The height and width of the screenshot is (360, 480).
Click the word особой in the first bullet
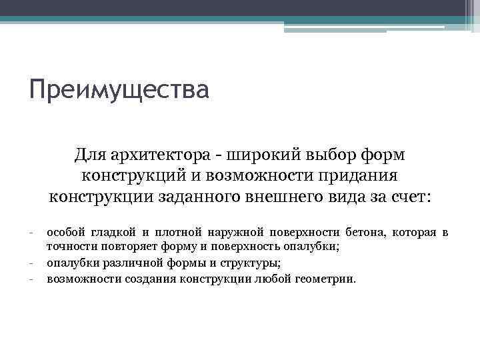click(x=65, y=233)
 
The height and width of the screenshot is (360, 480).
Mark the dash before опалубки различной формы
click(x=31, y=263)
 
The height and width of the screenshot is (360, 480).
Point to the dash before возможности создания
click(x=31, y=279)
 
